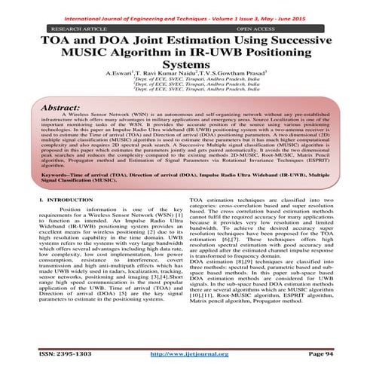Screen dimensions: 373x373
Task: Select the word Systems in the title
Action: (x=186, y=67)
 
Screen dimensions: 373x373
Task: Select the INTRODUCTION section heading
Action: (x=63, y=219)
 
